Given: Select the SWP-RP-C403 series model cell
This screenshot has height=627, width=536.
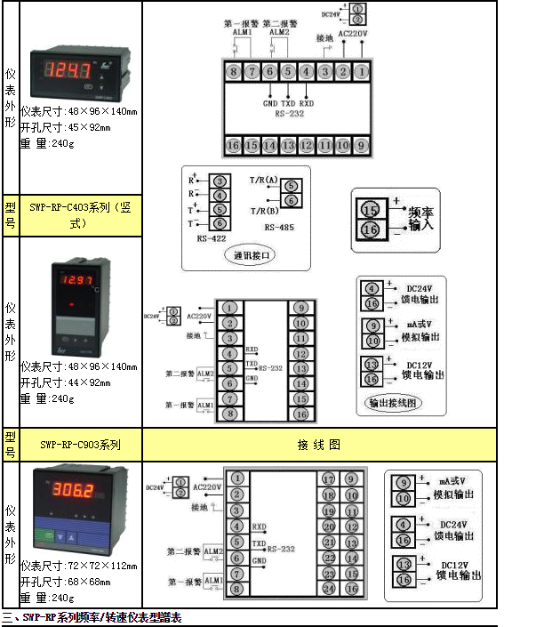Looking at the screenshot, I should [x=81, y=214].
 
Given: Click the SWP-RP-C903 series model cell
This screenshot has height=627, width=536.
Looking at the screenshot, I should [x=81, y=444].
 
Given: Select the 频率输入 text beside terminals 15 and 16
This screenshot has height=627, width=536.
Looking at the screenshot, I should [x=420, y=219].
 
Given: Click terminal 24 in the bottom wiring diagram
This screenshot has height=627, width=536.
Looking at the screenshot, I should [x=328, y=589].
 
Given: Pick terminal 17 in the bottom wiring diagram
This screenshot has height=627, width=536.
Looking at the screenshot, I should [x=328, y=478].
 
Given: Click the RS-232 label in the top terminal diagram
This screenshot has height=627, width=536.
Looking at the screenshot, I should [x=290, y=113].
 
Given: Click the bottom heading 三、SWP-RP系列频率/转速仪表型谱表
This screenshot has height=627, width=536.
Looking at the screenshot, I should [x=92, y=617].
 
